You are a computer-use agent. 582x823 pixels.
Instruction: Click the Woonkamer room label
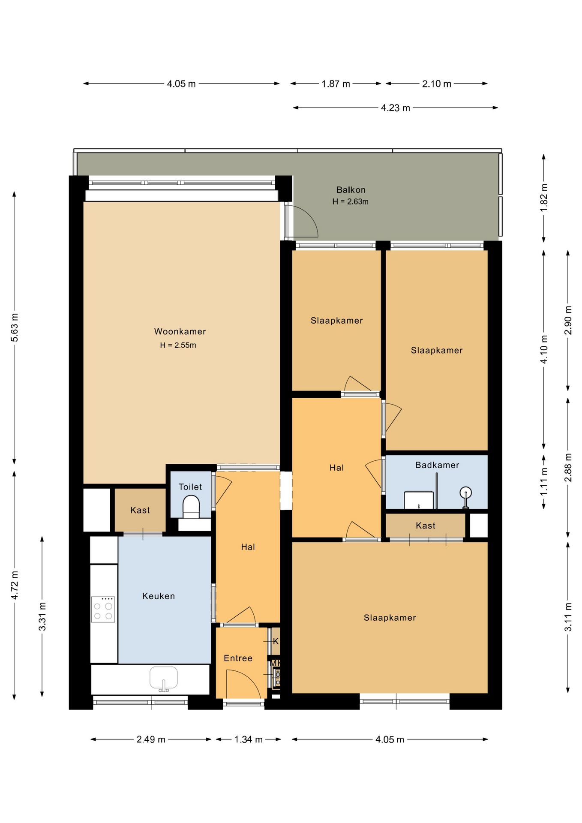coord(180,331)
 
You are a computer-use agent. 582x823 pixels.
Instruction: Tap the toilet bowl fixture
coord(191,507)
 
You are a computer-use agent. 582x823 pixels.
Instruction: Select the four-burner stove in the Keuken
coord(103,609)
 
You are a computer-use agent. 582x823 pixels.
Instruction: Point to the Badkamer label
coord(437,465)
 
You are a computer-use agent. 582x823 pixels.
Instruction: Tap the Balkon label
coord(351,190)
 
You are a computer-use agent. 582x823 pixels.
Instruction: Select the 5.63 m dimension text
coord(14,327)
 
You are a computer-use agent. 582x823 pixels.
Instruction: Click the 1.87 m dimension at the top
coord(336,84)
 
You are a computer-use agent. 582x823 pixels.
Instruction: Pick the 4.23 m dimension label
coord(396,108)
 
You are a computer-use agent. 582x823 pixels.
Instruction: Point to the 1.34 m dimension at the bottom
coord(249,739)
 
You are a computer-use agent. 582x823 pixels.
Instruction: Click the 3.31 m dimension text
coord(42,616)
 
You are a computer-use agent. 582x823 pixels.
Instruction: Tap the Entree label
coord(238,658)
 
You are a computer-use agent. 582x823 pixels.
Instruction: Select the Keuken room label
coord(159,596)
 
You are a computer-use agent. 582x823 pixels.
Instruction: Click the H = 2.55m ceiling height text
coord(178,345)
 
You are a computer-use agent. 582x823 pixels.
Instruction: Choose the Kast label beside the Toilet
coord(140,511)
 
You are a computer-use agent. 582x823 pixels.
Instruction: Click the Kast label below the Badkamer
coord(426,526)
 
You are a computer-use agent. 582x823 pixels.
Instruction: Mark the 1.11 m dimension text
coord(544,481)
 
